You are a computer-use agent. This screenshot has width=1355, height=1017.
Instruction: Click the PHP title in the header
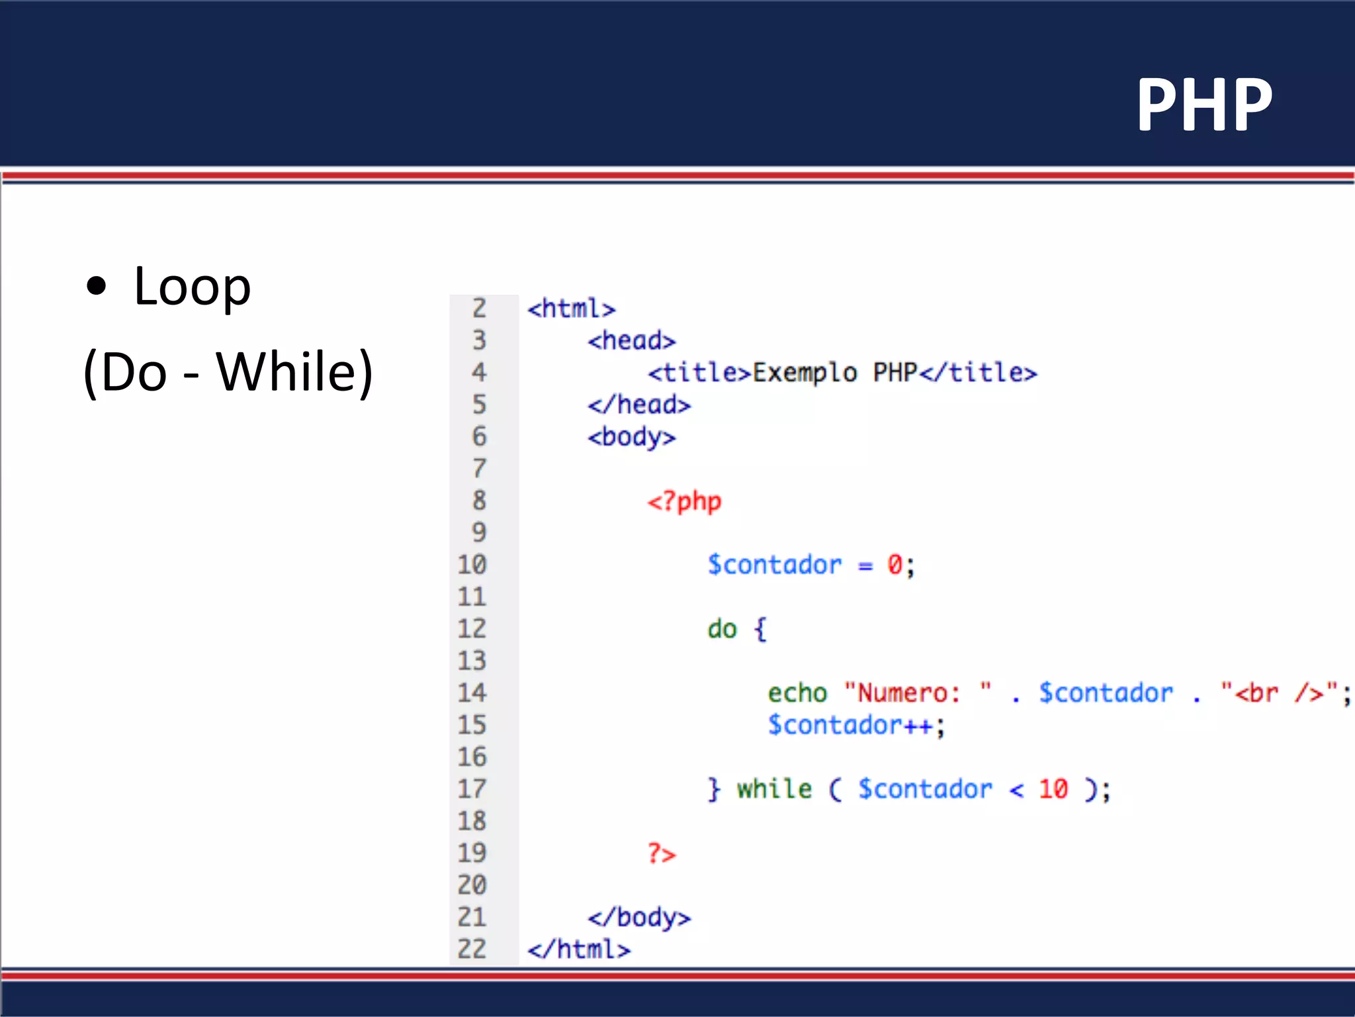(x=1204, y=105)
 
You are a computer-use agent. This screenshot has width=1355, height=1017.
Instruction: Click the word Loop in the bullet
(x=192, y=287)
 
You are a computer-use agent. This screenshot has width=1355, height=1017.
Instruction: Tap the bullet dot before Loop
(x=97, y=286)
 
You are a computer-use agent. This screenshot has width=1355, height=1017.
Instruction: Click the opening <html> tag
(x=571, y=309)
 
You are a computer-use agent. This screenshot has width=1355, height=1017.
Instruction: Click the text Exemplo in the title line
(x=805, y=373)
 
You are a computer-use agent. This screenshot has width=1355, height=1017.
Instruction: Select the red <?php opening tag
(x=684, y=502)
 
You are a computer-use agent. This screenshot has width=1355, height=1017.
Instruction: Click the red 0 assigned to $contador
(x=895, y=565)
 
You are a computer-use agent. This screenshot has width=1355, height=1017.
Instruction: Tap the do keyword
(x=722, y=629)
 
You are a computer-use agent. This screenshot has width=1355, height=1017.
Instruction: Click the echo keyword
(x=797, y=693)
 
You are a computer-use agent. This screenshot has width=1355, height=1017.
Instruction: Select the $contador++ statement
(x=856, y=726)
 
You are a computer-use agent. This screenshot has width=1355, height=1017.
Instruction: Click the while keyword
(x=774, y=789)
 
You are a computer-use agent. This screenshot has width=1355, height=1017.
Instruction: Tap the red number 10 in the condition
(x=1053, y=789)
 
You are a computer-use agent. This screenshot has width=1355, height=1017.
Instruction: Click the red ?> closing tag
(x=662, y=853)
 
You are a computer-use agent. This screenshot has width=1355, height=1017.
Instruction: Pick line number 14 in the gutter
(x=472, y=693)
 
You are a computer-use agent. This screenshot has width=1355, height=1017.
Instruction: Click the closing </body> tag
(x=639, y=918)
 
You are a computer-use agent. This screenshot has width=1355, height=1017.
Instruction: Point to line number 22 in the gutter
(x=472, y=949)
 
